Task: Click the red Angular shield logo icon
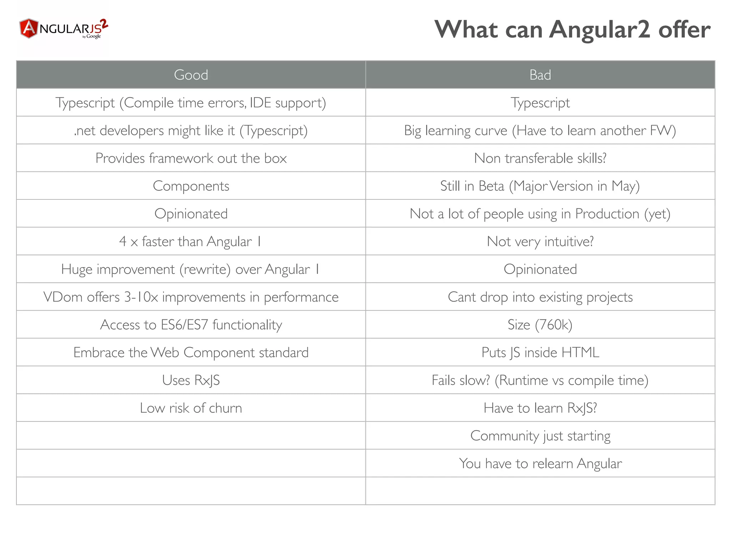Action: [x=29, y=28]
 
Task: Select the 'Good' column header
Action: [x=191, y=75]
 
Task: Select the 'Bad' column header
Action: [x=540, y=75]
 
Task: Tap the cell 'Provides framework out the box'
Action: [x=191, y=158]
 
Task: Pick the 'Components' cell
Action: [x=191, y=186]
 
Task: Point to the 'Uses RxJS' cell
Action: [x=191, y=380]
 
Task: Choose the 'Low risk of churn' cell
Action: [x=191, y=408]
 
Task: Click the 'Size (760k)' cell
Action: [x=540, y=325]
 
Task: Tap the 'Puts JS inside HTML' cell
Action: [x=540, y=352]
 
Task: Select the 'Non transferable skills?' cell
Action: [x=540, y=158]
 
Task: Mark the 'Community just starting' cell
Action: [x=540, y=436]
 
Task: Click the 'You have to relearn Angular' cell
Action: [x=540, y=463]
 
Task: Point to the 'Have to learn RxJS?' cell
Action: [x=540, y=408]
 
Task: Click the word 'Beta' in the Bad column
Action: [x=491, y=186]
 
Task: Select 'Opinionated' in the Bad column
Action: [x=540, y=269]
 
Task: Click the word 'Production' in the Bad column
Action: [x=607, y=214]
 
